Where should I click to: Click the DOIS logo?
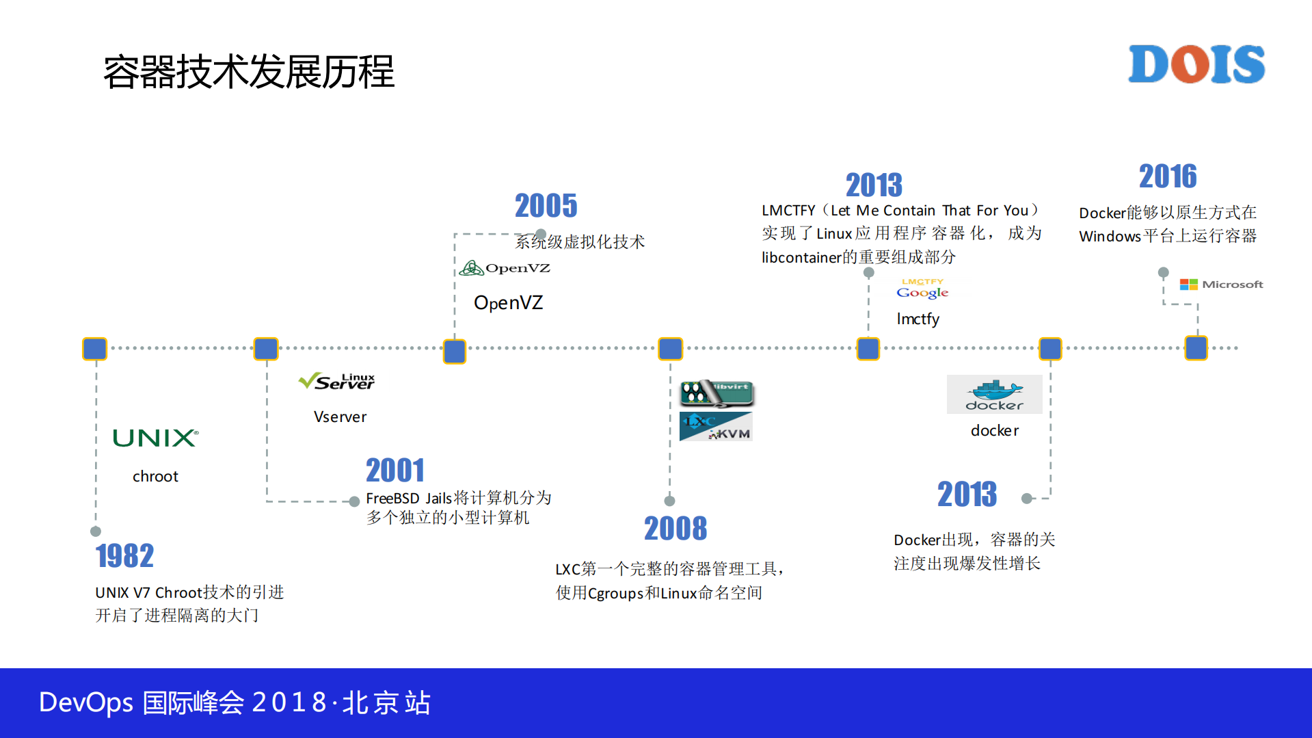click(1196, 64)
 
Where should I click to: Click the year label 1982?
click(124, 555)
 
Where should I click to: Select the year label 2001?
click(394, 471)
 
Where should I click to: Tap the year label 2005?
click(546, 206)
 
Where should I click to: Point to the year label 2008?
click(675, 529)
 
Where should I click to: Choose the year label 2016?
click(1167, 176)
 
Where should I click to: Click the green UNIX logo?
click(156, 438)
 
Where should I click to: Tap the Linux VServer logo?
click(337, 381)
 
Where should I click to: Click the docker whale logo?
click(994, 395)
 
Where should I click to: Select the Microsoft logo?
click(1221, 285)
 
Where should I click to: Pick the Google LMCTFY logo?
click(922, 289)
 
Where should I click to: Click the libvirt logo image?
click(717, 393)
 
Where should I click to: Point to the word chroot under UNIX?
click(155, 477)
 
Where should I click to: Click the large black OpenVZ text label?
click(508, 303)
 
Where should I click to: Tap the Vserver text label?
click(340, 417)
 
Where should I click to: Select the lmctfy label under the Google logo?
click(918, 319)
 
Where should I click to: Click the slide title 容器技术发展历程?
click(249, 72)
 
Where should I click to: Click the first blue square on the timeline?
click(95, 349)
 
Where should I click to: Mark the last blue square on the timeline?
click(1196, 348)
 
